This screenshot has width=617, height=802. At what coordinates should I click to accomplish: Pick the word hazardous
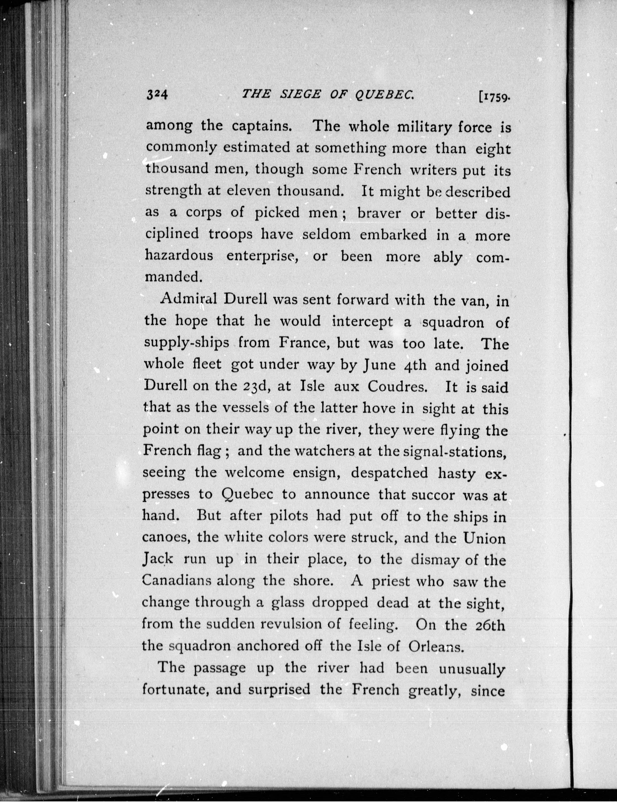coord(179,255)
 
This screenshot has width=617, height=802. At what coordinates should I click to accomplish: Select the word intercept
coord(362,322)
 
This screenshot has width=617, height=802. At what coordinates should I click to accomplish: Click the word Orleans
coord(435,646)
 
